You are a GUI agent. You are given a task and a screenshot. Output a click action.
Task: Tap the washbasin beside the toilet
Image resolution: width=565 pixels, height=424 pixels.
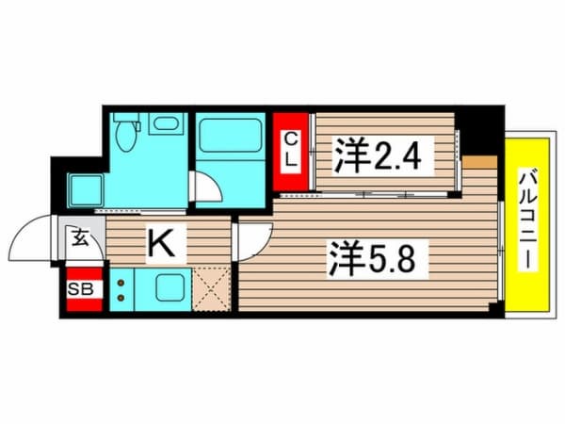(168, 124)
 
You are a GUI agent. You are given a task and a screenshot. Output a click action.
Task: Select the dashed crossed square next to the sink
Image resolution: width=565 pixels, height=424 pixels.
(212, 288)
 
